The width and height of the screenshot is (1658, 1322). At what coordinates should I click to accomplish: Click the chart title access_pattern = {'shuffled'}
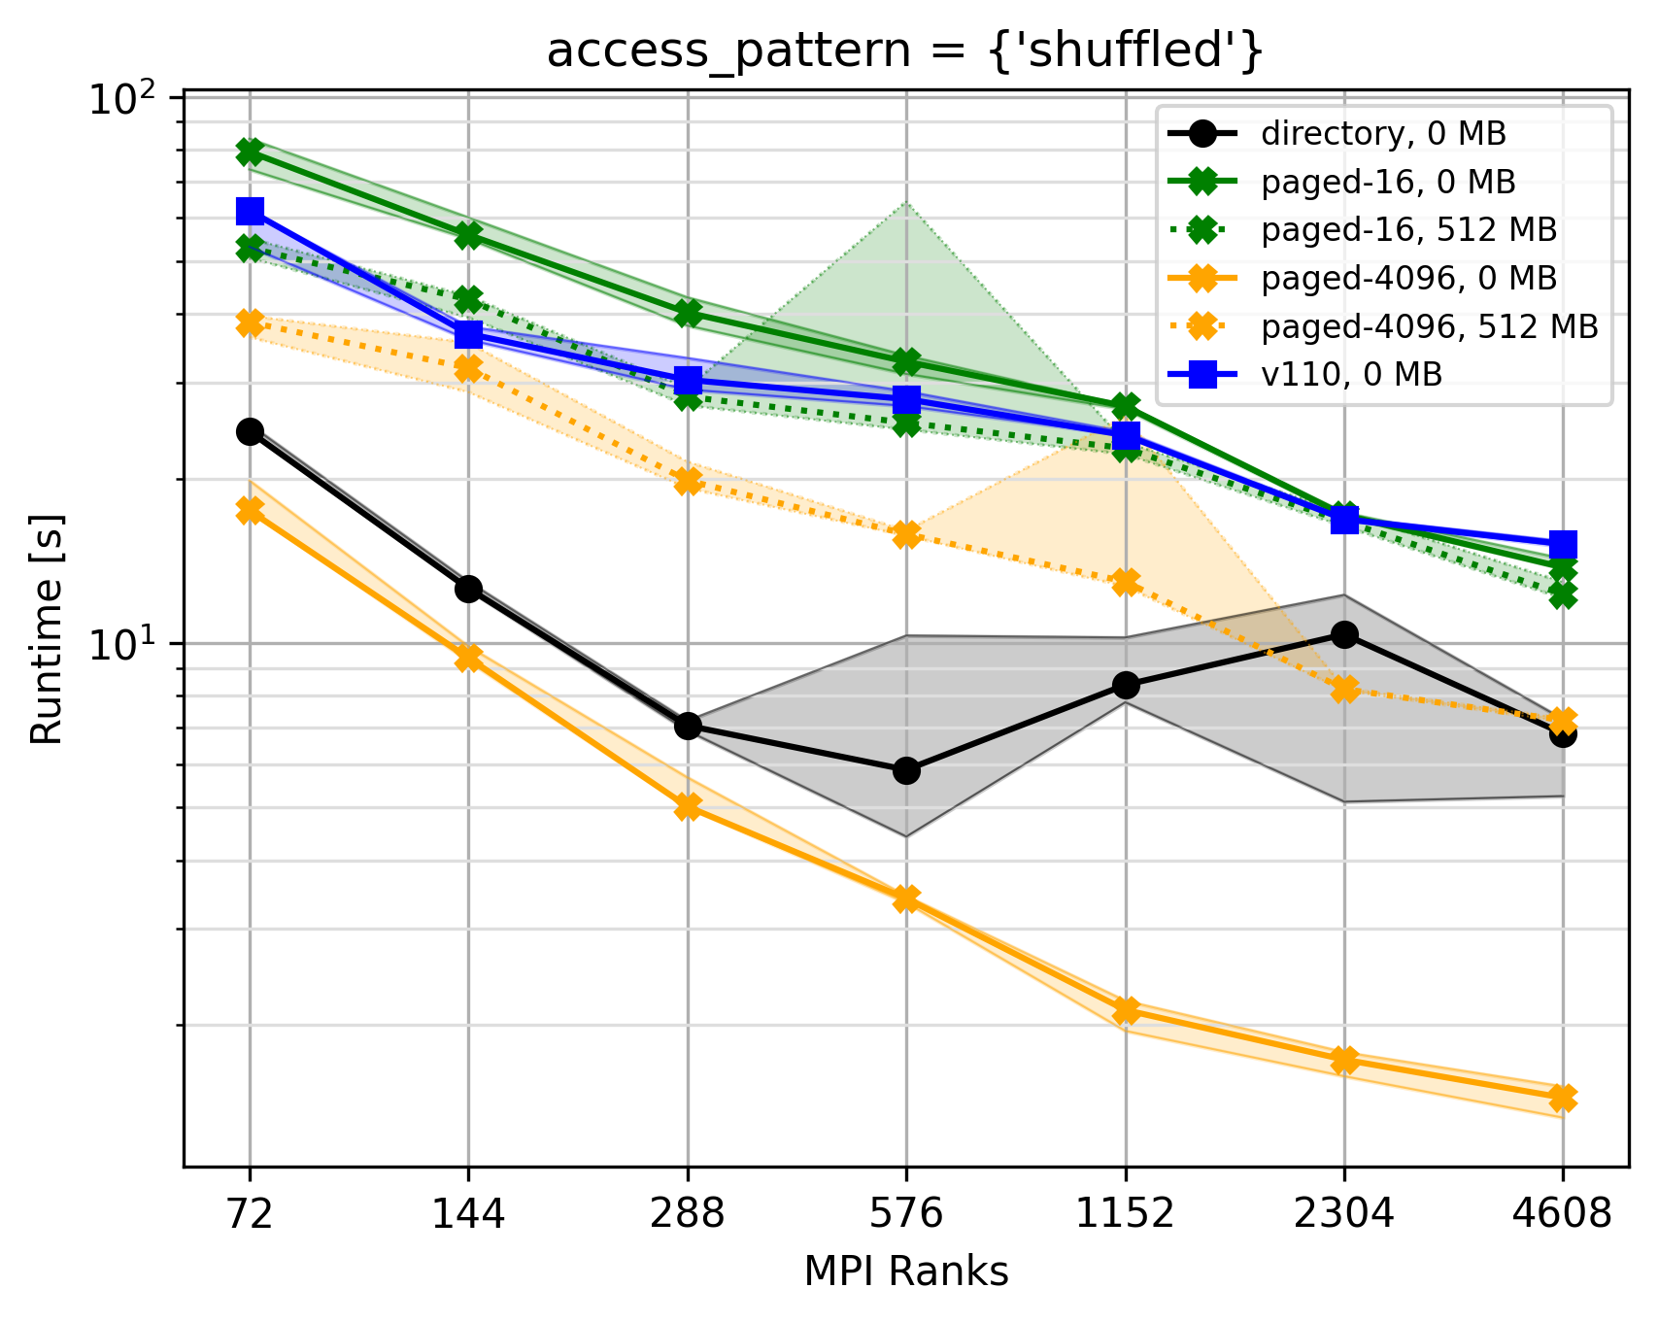click(x=905, y=51)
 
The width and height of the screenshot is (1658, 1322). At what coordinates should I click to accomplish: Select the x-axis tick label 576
click(x=905, y=1214)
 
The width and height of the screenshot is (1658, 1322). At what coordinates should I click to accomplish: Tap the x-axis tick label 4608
click(x=1562, y=1214)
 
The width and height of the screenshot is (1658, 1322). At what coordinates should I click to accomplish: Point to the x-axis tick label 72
click(x=250, y=1214)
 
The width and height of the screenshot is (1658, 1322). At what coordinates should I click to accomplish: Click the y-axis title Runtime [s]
click(x=46, y=629)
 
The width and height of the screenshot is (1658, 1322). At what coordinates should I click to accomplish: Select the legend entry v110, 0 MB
click(x=1351, y=374)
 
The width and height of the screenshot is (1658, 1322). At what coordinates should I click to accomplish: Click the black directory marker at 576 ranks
click(x=906, y=770)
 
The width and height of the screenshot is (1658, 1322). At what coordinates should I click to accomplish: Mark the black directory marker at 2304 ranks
click(x=1344, y=634)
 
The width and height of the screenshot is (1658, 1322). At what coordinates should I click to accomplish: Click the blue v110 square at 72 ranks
click(x=251, y=211)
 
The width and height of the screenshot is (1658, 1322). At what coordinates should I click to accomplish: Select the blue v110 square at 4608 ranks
click(x=1563, y=544)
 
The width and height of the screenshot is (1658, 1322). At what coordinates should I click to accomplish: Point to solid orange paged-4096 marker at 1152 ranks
click(x=1126, y=1011)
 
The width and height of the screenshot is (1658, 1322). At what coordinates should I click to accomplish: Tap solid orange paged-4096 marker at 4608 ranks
click(x=1563, y=1098)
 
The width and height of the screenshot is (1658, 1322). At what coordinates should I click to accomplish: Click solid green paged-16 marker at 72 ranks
click(x=251, y=152)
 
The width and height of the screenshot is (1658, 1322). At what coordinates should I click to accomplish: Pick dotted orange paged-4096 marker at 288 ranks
click(x=688, y=481)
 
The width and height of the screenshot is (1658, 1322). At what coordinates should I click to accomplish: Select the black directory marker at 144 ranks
click(x=469, y=589)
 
